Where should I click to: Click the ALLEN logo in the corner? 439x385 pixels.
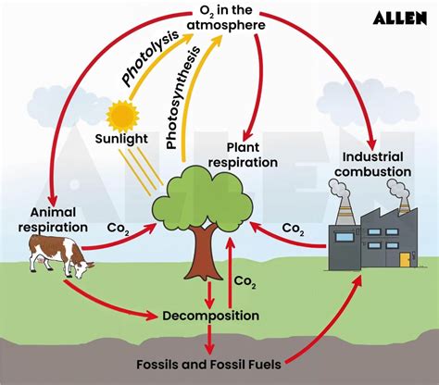[x=399, y=18]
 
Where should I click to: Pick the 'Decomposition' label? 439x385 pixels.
[x=209, y=316]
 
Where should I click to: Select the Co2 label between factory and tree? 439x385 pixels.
[x=292, y=229]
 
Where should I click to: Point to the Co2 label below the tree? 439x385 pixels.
[x=245, y=280]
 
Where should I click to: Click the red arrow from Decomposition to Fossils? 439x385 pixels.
[x=209, y=339]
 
